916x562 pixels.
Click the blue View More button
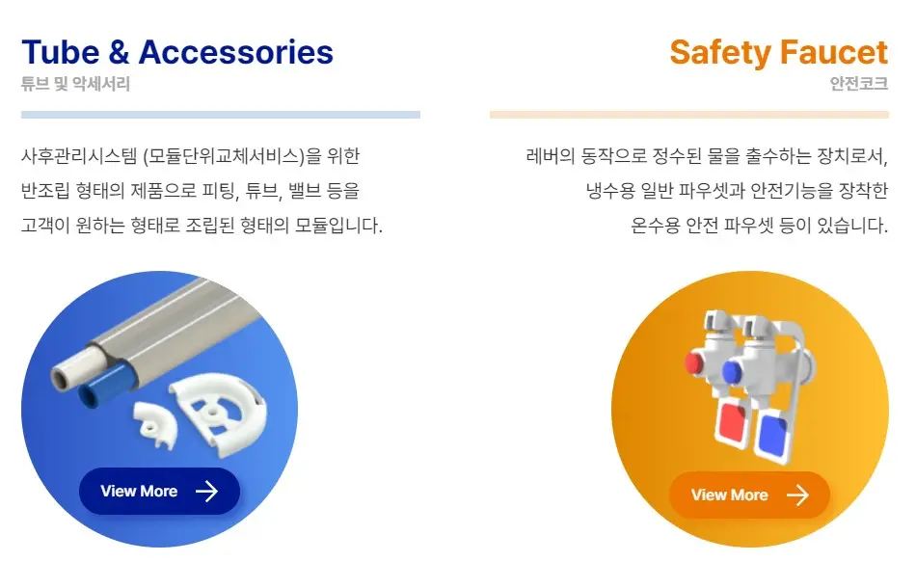159,492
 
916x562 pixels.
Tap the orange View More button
749,495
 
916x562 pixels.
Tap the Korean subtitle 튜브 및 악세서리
75,84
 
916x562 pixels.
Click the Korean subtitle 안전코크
858,84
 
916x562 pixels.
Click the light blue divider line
220,115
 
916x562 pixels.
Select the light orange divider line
688,115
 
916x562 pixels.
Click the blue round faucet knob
730,373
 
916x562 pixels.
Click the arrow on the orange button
797,495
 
